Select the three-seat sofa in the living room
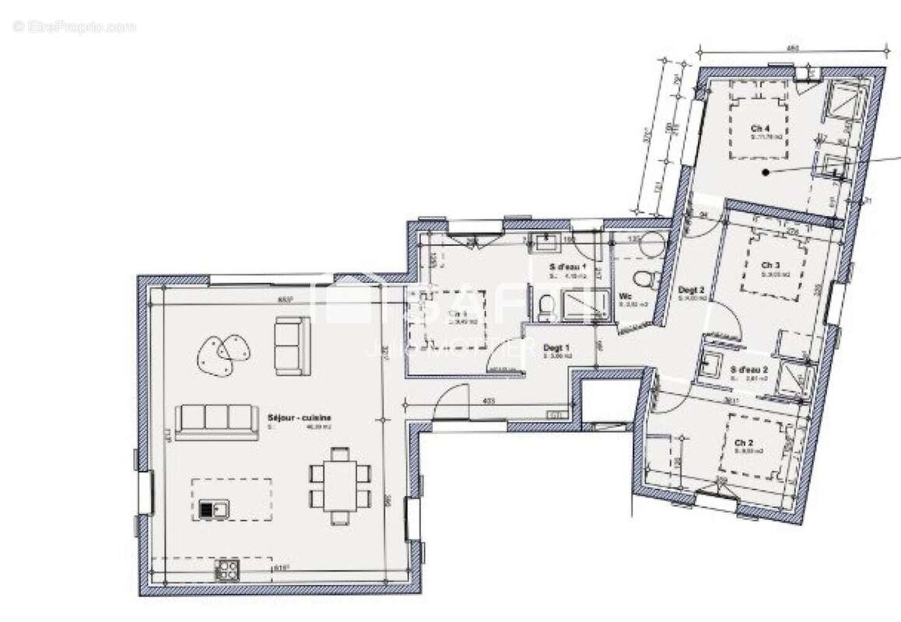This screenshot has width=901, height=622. coord(216,421)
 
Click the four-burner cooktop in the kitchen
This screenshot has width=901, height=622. coord(227,571)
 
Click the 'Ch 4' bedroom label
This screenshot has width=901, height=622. coord(760,128)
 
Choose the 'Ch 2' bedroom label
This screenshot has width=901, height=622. coord(744,442)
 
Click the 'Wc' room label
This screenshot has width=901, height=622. coord(625,296)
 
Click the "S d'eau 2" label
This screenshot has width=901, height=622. coord(749,369)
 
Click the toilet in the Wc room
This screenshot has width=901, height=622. coord(642,279)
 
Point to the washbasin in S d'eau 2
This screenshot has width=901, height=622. coord(710,362)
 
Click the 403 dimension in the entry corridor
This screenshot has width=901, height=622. coord(489,401)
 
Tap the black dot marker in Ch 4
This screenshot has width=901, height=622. coord(766,173)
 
